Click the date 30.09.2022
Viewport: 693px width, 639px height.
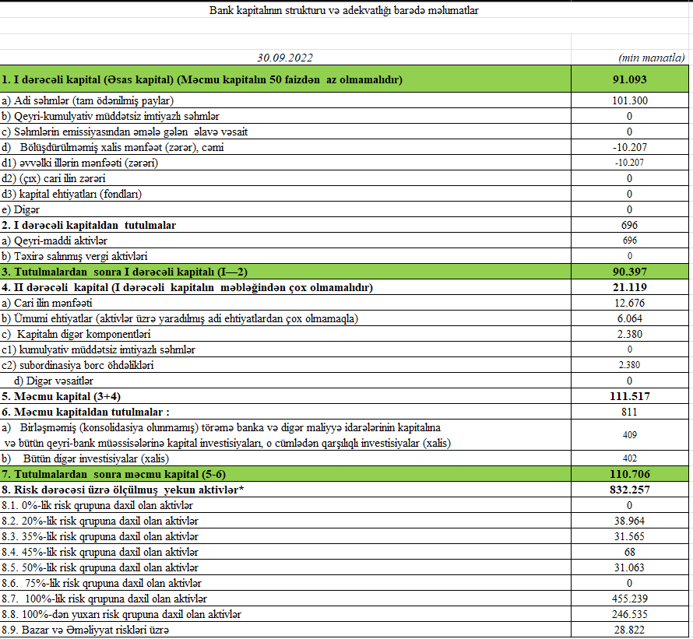[x=286, y=58]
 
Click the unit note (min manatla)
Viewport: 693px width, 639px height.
[x=651, y=58]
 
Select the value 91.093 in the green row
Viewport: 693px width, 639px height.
[x=629, y=79]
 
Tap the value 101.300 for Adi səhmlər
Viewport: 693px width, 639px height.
[x=629, y=100]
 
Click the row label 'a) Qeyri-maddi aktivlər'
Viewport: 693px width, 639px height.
[x=54, y=241]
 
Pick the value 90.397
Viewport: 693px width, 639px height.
[x=629, y=272]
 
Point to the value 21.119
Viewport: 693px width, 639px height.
[x=629, y=287]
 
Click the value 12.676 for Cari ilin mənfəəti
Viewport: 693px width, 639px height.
[x=629, y=303]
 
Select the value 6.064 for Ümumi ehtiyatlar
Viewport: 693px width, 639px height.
[x=629, y=318]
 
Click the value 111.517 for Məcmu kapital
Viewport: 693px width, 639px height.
[x=629, y=396]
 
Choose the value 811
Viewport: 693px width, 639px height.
[x=629, y=412]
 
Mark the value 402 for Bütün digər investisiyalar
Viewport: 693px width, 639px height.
[x=629, y=458]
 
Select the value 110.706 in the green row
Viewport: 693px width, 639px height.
[x=629, y=474]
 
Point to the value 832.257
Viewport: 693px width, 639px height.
[x=629, y=490]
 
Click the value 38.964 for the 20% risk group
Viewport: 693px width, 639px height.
[x=629, y=521]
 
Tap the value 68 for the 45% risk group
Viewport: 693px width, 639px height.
[x=629, y=552]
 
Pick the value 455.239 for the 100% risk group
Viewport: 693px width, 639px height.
[x=629, y=599]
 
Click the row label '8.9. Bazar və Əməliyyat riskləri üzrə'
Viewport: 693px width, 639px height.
[x=85, y=630]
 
